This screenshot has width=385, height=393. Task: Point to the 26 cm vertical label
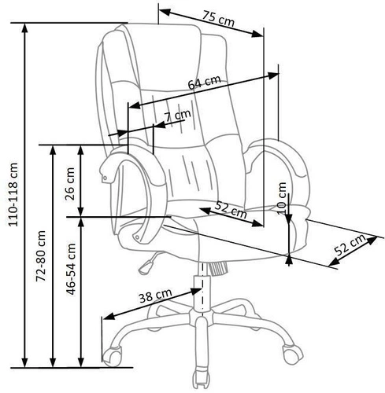click(x=70, y=182)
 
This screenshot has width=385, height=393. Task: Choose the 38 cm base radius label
click(x=154, y=296)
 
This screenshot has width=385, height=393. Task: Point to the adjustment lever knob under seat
click(x=143, y=266)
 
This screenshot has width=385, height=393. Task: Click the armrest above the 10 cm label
click(x=279, y=157)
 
